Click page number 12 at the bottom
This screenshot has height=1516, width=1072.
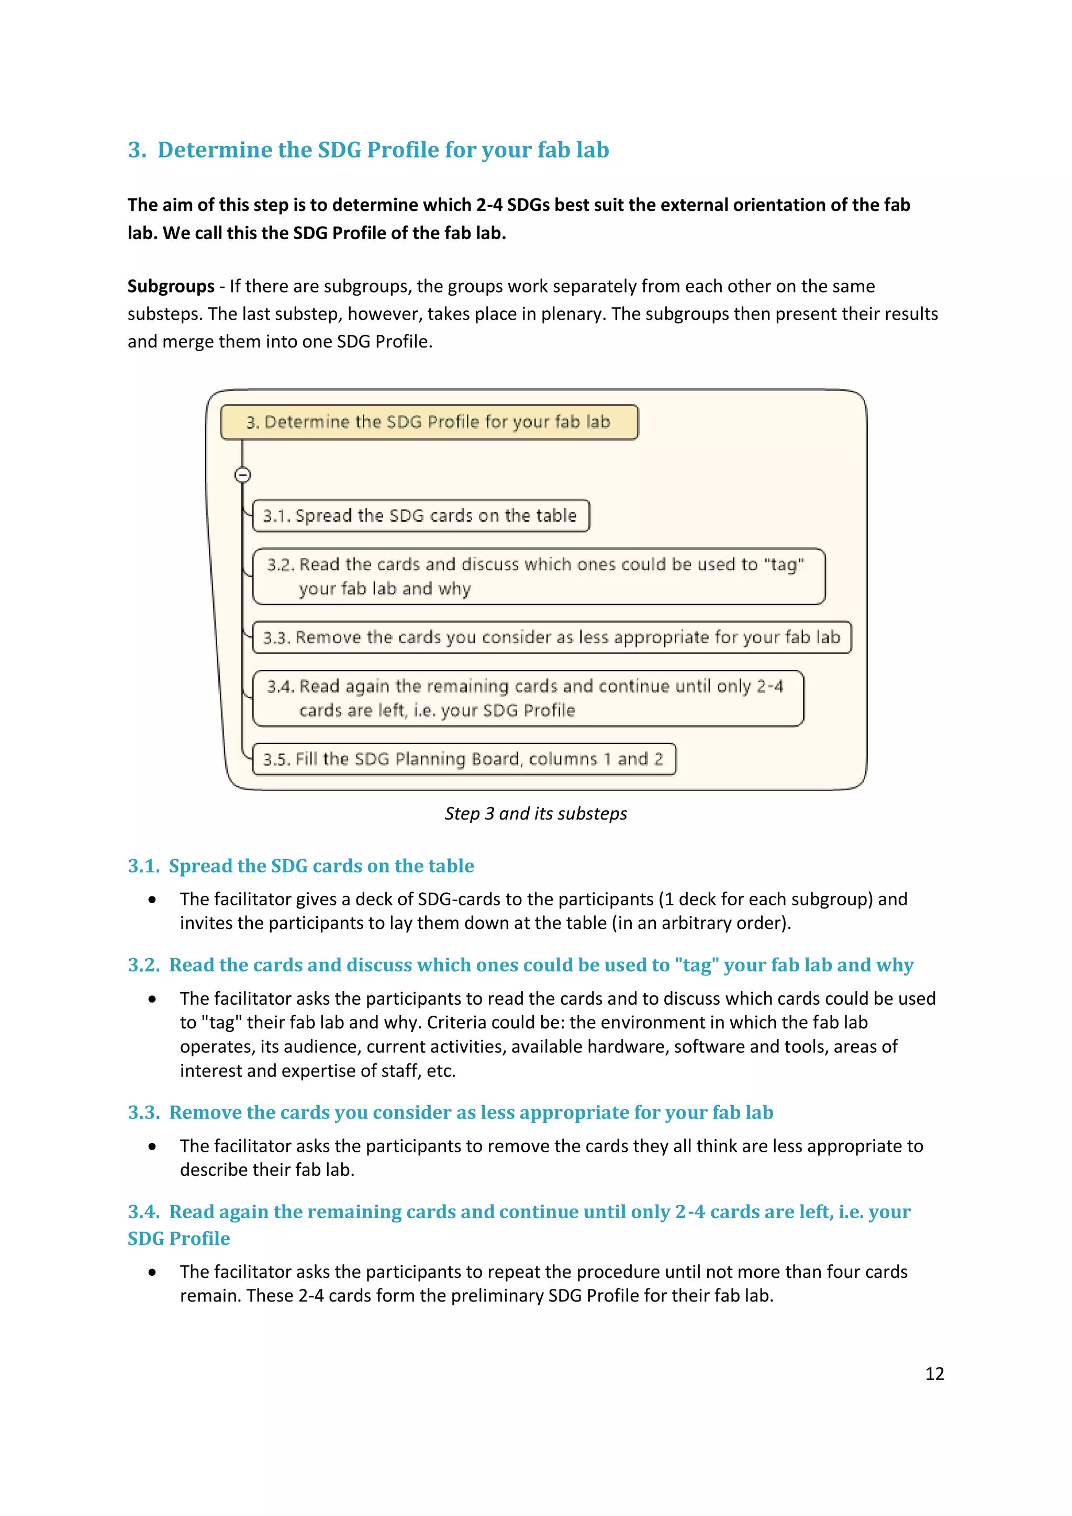point(934,1373)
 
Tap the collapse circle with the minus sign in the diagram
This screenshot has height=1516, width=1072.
point(242,475)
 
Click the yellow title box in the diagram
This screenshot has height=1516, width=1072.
point(429,422)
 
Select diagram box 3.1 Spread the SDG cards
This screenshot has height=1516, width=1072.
point(420,515)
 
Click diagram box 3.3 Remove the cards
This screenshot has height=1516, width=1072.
point(552,637)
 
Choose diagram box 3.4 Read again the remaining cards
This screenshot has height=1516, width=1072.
point(528,699)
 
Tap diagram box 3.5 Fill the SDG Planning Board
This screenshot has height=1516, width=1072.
point(464,759)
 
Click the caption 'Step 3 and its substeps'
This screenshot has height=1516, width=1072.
point(535,813)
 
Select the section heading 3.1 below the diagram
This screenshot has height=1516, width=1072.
point(300,866)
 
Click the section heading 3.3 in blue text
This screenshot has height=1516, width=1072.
point(450,1113)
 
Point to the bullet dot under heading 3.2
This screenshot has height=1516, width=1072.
point(152,999)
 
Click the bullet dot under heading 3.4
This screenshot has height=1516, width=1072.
point(152,1272)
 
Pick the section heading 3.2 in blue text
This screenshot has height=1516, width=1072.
point(520,965)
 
